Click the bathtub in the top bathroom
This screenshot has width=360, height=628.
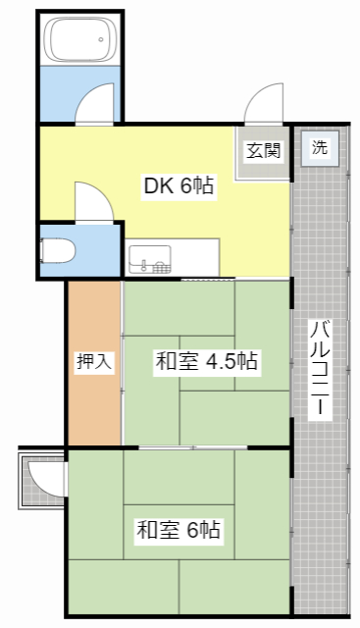[x=77, y=41]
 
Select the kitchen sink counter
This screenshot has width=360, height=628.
[x=172, y=259]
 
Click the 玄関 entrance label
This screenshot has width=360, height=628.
[x=263, y=151]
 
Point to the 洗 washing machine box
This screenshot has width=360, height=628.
[x=320, y=149]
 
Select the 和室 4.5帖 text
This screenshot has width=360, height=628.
[x=206, y=361]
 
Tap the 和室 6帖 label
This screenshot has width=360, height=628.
[x=179, y=531]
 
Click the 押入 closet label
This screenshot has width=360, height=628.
[x=94, y=361]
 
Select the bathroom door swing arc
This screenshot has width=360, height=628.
[x=96, y=102]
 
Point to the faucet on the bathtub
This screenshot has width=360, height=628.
[x=100, y=39]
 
